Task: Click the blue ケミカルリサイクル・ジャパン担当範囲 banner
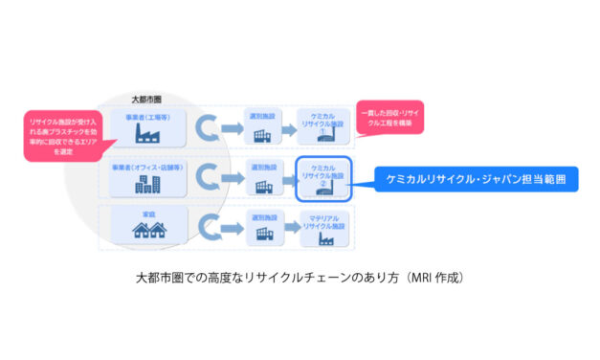[477, 180]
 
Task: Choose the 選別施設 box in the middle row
[264, 178]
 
